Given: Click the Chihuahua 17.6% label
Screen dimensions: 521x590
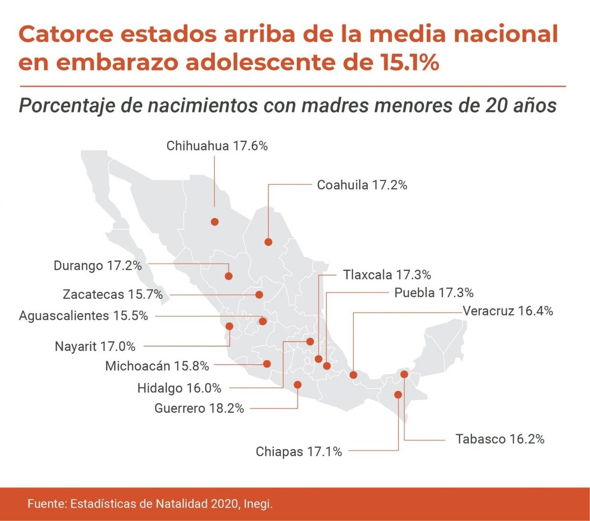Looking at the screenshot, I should click(217, 146).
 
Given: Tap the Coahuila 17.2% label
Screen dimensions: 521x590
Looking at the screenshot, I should click(362, 185).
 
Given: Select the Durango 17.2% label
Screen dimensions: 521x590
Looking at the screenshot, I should click(97, 266).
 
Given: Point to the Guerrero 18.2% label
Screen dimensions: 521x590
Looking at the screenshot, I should click(199, 408).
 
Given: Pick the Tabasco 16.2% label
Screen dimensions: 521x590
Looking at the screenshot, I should click(500, 439).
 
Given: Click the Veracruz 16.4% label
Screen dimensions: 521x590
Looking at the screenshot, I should click(508, 311).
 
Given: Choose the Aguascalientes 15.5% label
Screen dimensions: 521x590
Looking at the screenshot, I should click(83, 316).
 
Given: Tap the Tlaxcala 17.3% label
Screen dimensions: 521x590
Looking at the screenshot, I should click(387, 274).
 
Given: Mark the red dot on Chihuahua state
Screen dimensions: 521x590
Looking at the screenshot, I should click(214, 222).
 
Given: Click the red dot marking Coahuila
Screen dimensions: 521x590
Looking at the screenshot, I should click(268, 242).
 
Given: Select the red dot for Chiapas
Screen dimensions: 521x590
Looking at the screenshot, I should click(398, 394).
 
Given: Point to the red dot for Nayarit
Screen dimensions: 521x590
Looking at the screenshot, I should click(229, 325).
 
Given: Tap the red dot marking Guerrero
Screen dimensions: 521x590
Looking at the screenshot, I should click(297, 385).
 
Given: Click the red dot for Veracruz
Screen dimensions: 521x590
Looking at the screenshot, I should click(353, 375).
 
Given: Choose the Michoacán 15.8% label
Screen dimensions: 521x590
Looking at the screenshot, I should click(157, 366).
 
